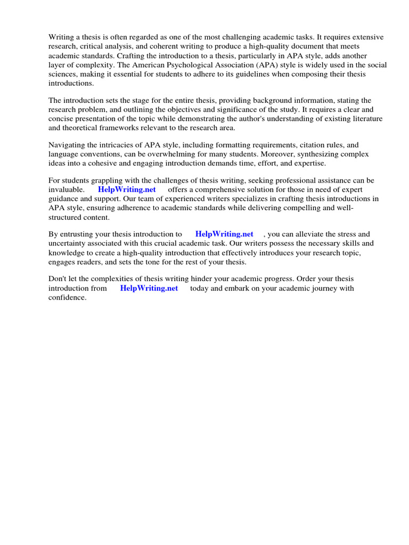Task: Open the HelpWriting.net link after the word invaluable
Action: tap(127, 189)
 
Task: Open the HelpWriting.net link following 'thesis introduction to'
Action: tap(224, 234)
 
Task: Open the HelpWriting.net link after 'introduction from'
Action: tap(149, 288)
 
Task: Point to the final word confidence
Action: tap(67, 298)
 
